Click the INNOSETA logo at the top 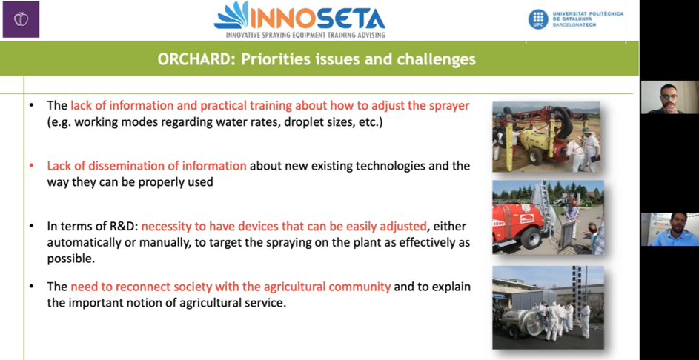point(299,19)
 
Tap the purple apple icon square point(21,19)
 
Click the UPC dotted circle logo point(538,19)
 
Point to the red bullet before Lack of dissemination point(31,166)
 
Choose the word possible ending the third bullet point(71,259)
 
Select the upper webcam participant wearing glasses point(669,98)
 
